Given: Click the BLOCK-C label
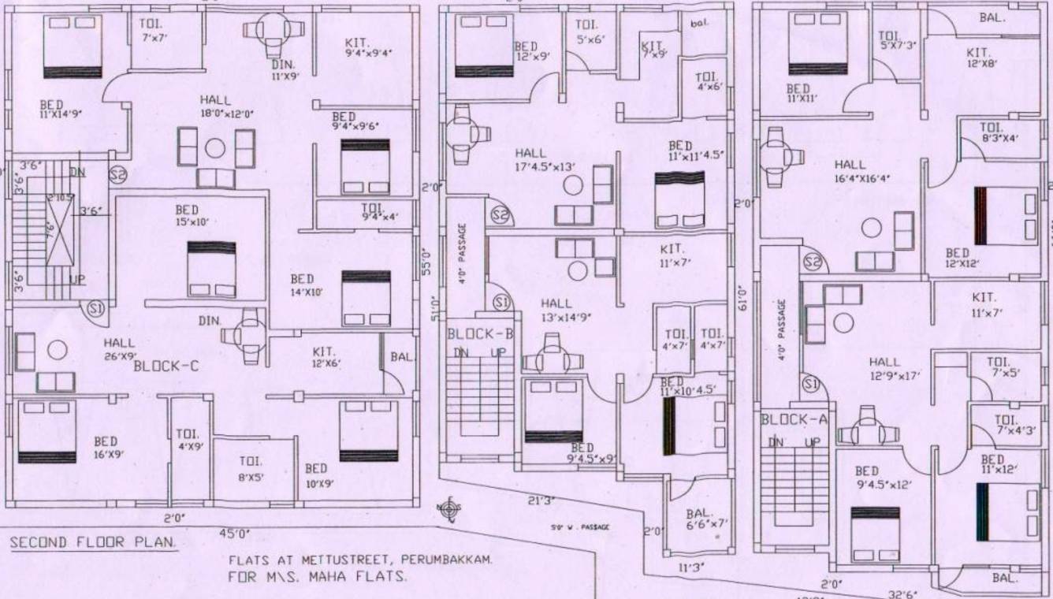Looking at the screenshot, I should click(165, 366).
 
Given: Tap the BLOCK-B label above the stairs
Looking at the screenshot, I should click(480, 333).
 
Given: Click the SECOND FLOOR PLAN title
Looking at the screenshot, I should click(93, 543).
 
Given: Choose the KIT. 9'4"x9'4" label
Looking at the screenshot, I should click(368, 47).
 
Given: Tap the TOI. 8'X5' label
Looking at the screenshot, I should click(251, 468).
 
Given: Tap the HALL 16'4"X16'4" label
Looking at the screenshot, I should click(861, 171).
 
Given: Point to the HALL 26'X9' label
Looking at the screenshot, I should click(119, 349).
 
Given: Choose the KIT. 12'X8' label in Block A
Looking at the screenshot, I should click(982, 58).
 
